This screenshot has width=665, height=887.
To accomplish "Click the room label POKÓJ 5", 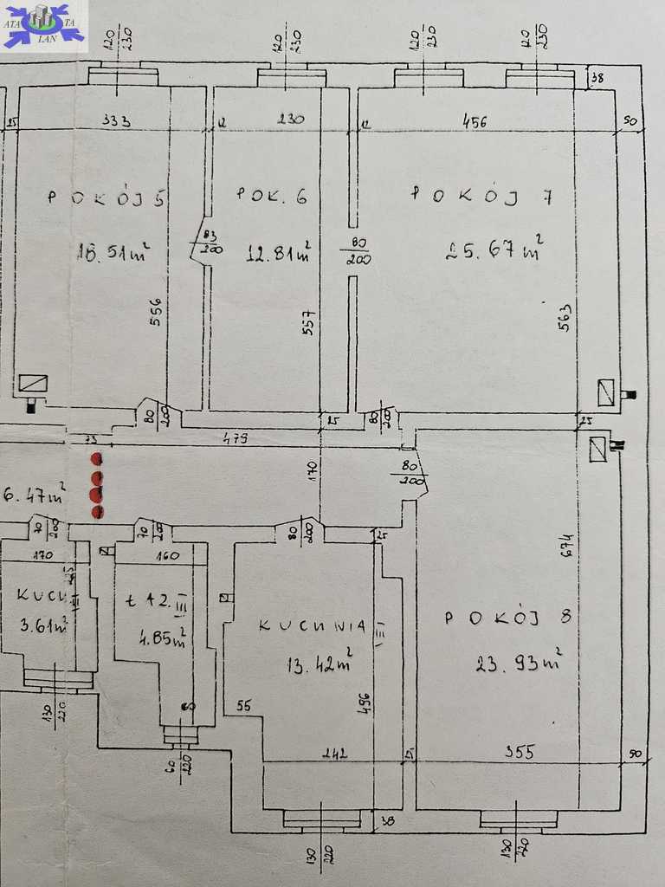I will point(107,197).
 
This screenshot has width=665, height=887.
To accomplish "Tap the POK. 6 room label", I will point(272,197).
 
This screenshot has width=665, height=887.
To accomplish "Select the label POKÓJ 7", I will point(481,195).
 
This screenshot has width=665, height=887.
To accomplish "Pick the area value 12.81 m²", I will point(279,254).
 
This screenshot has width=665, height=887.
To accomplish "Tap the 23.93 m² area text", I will point(516,664).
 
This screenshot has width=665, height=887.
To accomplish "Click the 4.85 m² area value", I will point(161,642).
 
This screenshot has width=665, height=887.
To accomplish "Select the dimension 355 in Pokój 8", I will point(519,752).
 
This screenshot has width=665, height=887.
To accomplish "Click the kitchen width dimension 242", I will point(334,753).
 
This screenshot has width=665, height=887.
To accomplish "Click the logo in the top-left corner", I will point(44,26).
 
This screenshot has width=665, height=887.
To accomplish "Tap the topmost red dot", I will point(96,458).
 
